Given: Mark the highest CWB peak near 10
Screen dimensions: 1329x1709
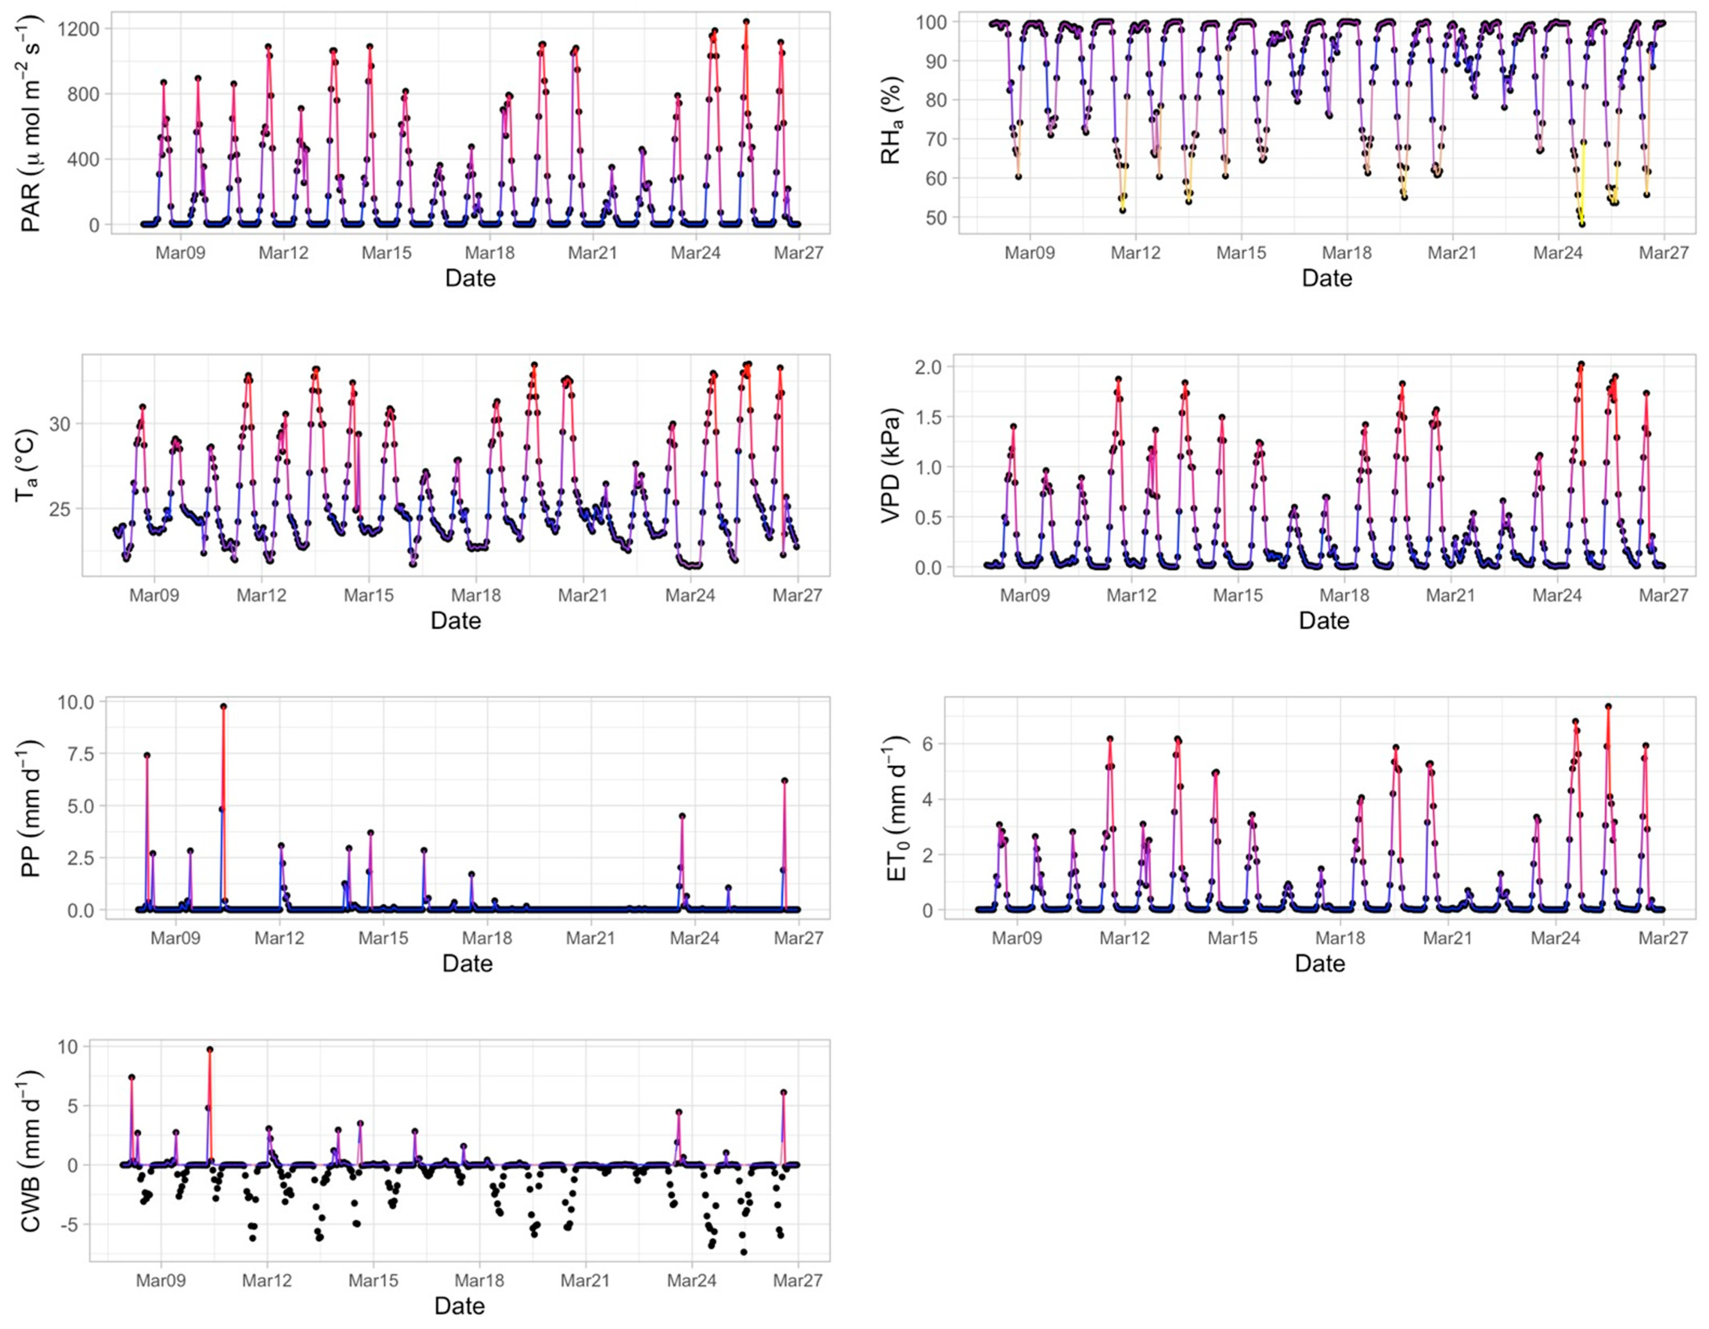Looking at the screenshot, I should [210, 1050].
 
